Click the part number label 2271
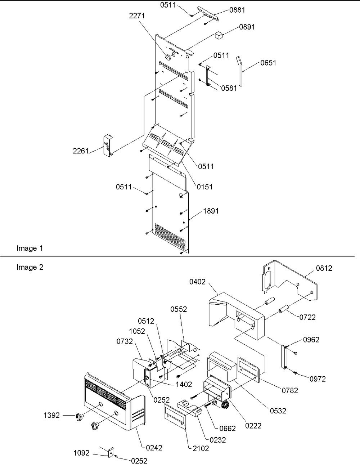point(137,15)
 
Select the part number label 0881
point(237,10)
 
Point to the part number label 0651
point(268,63)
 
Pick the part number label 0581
point(229,88)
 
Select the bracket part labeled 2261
point(108,146)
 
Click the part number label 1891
point(211,211)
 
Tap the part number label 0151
point(204,187)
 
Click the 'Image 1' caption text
point(30,248)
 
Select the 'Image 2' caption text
point(30,267)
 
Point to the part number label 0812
point(324,268)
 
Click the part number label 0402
point(197,282)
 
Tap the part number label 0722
point(307,317)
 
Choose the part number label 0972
point(318,379)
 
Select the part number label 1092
point(81,453)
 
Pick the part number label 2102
point(201,448)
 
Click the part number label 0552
point(179,309)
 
